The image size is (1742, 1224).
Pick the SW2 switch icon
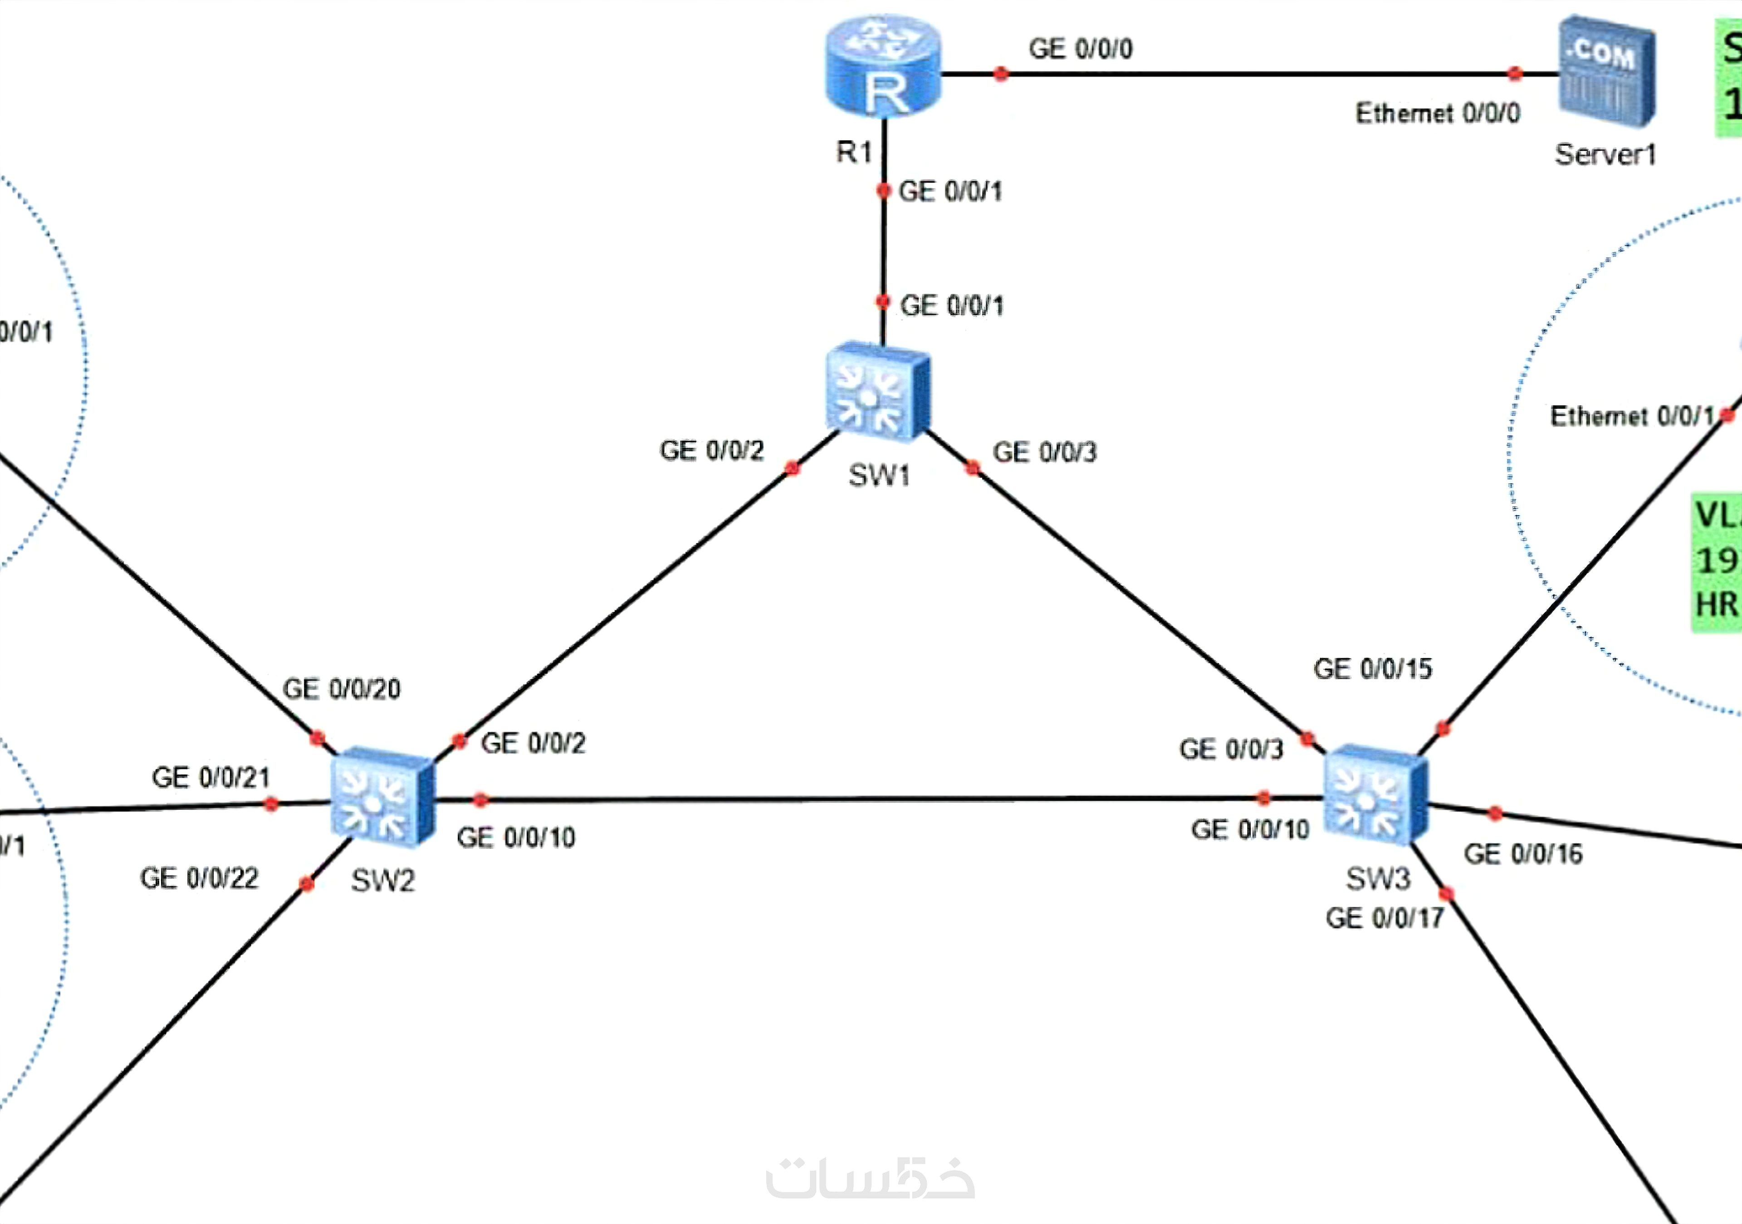click(x=382, y=797)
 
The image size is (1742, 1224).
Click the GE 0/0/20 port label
click(x=342, y=689)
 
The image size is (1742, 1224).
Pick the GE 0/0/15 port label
click(x=1373, y=669)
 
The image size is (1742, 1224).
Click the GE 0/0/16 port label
click(x=1523, y=854)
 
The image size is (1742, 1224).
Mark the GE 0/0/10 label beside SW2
click(x=516, y=838)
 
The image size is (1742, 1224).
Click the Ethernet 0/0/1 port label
click(x=1631, y=416)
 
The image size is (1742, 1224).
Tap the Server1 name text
click(x=1605, y=155)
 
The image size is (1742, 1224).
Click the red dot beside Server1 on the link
click(x=1514, y=73)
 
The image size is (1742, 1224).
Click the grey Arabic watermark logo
click(x=870, y=1180)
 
